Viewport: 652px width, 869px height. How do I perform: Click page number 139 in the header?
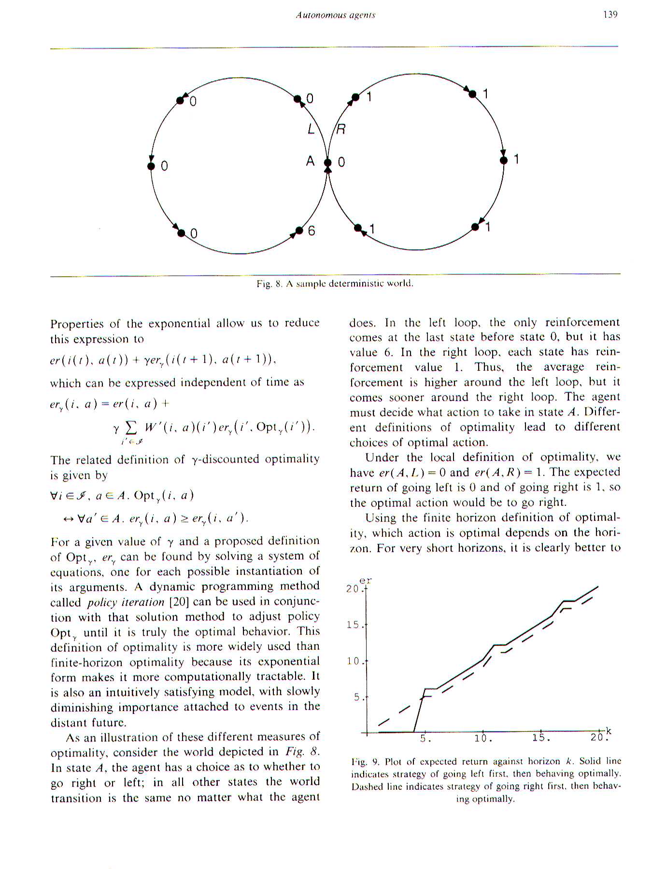point(610,14)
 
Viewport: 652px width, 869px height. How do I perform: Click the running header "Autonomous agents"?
point(336,15)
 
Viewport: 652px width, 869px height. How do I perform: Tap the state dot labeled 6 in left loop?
point(299,231)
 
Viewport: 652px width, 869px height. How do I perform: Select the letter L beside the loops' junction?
point(311,129)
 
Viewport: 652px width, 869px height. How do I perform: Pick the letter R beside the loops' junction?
point(340,129)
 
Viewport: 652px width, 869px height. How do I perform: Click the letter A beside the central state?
point(310,161)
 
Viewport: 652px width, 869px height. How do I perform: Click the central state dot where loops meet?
point(328,163)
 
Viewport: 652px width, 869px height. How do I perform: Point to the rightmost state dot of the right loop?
point(504,160)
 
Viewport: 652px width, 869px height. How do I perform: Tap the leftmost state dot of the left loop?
point(151,166)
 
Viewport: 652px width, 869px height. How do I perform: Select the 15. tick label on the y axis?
point(354,625)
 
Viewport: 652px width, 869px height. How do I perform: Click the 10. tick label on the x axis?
point(483,738)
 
